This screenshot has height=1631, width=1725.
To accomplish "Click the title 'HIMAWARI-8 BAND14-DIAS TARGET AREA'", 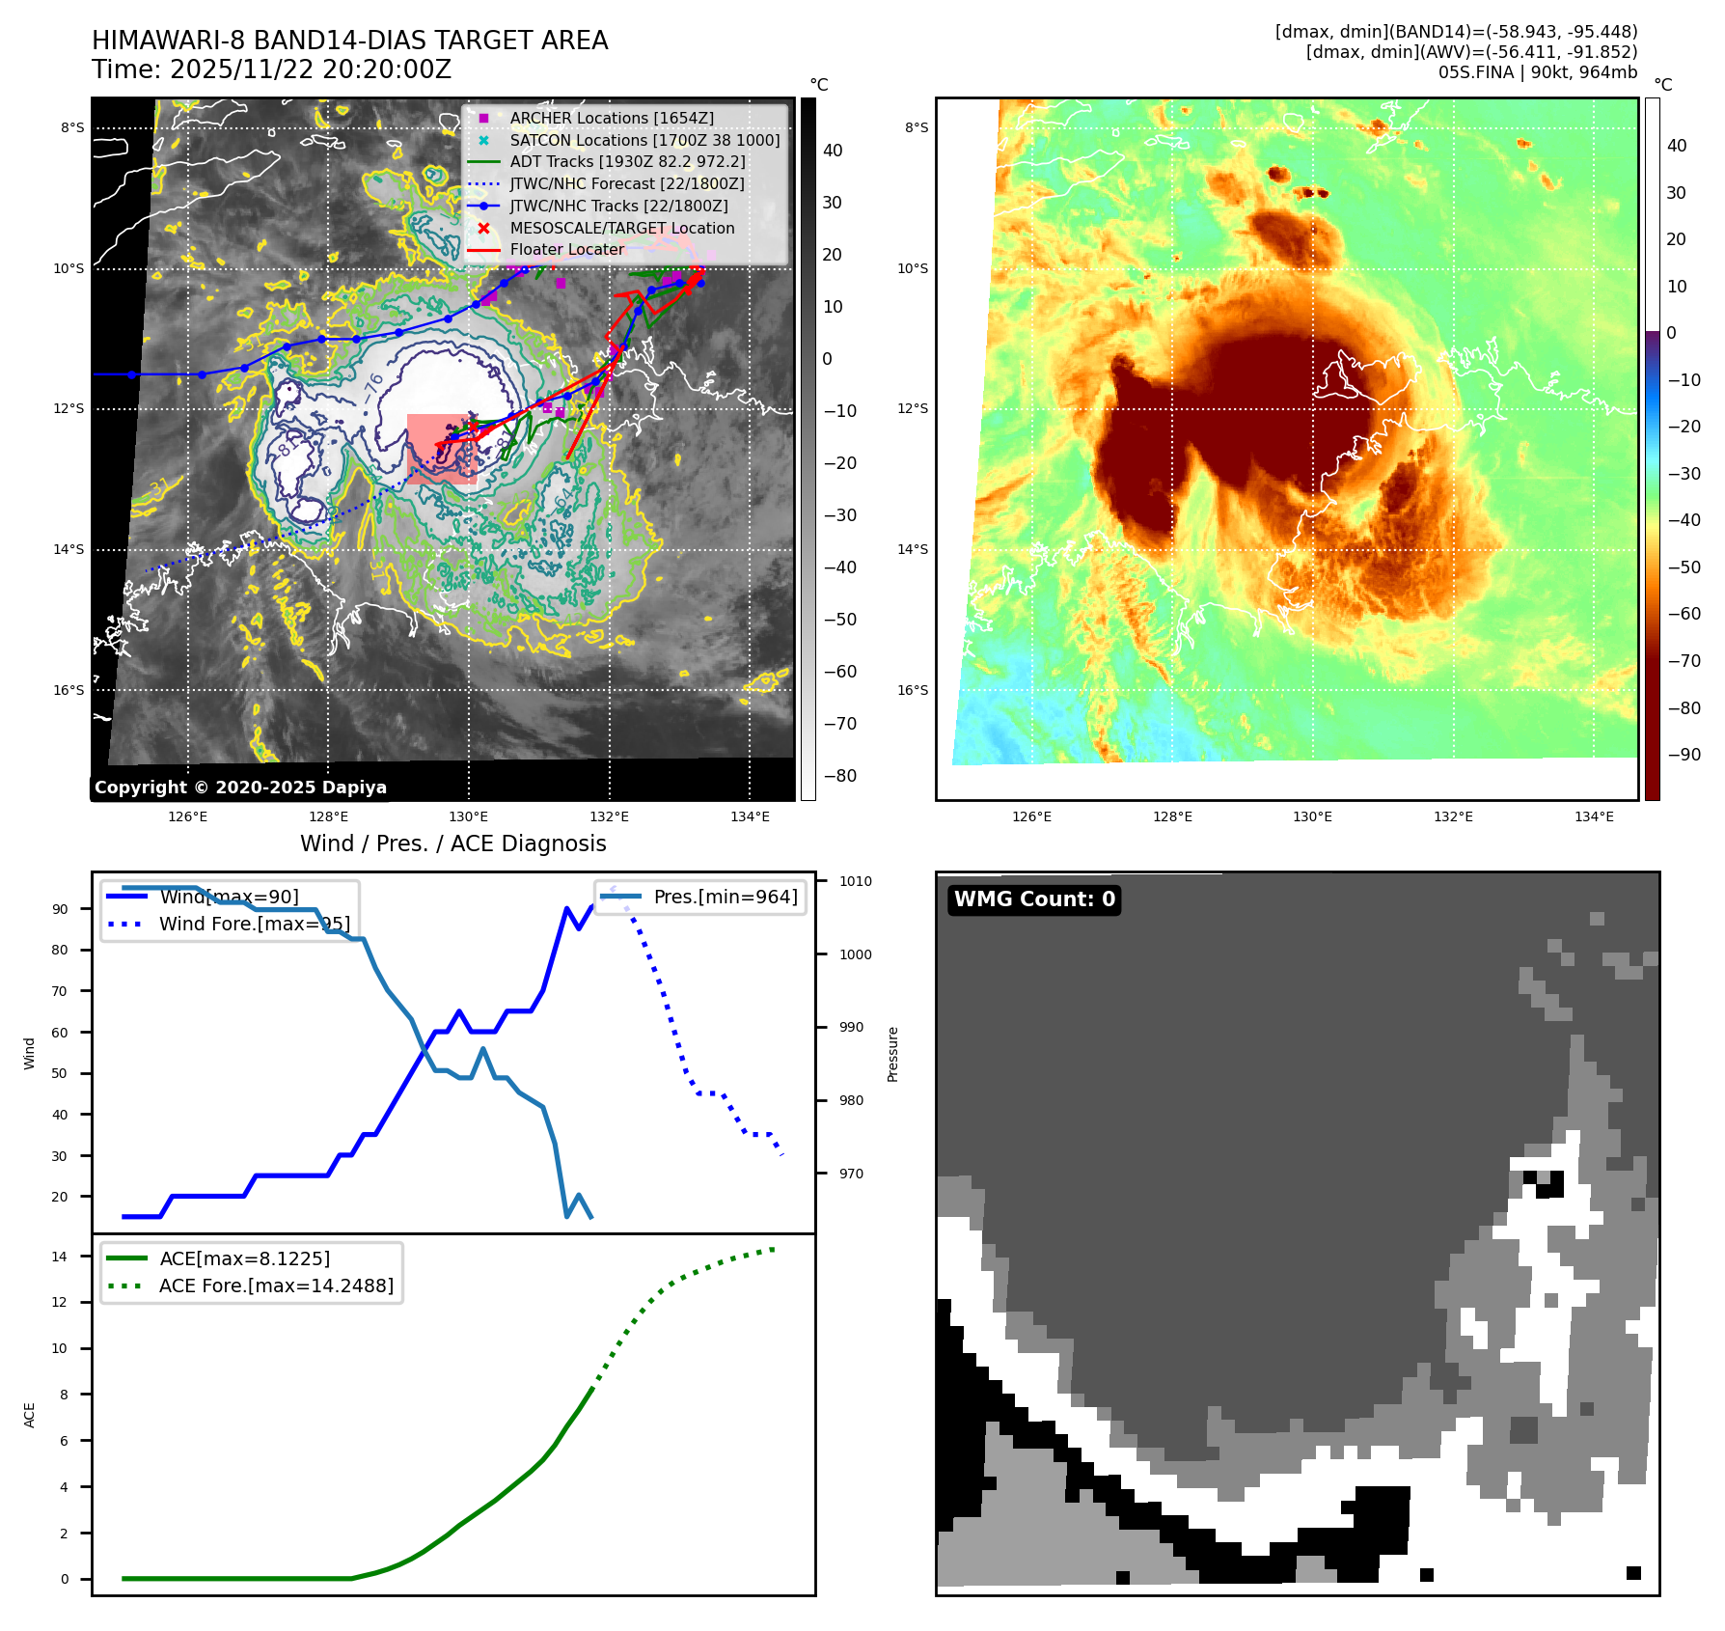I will pos(349,41).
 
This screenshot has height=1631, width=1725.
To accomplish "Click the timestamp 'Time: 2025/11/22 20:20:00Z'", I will pos(271,69).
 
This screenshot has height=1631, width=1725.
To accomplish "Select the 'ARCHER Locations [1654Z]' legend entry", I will pos(612,118).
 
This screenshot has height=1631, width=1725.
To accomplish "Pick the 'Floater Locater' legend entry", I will pos(567,249).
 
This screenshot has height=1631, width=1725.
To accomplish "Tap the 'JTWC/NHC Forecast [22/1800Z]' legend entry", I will pos(627,183).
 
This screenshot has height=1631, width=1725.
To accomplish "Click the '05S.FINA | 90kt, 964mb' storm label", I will pos(1538,72).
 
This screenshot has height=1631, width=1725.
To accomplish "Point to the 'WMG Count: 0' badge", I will pos(1034,899).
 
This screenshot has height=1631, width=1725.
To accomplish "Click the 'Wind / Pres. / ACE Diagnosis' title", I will pos(453,843).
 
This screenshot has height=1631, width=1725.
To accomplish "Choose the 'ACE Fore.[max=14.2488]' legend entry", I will pos(276,1285).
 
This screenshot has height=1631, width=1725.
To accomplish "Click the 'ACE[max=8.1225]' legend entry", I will pos(244,1258).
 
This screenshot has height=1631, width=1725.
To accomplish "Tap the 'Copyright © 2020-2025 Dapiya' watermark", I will pos(240,788).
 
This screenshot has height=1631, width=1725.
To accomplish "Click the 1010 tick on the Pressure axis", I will pos(855,881).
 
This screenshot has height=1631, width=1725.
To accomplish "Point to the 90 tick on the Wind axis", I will pos(61,909).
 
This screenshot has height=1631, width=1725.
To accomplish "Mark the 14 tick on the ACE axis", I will pos(60,1257).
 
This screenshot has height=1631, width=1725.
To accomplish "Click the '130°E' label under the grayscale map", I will pos(469,816).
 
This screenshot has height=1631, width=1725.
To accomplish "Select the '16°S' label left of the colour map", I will pos(913,690).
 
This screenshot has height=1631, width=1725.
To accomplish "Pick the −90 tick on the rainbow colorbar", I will pos(1684,755).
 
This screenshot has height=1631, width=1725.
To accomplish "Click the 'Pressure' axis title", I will pos(893,1054).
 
